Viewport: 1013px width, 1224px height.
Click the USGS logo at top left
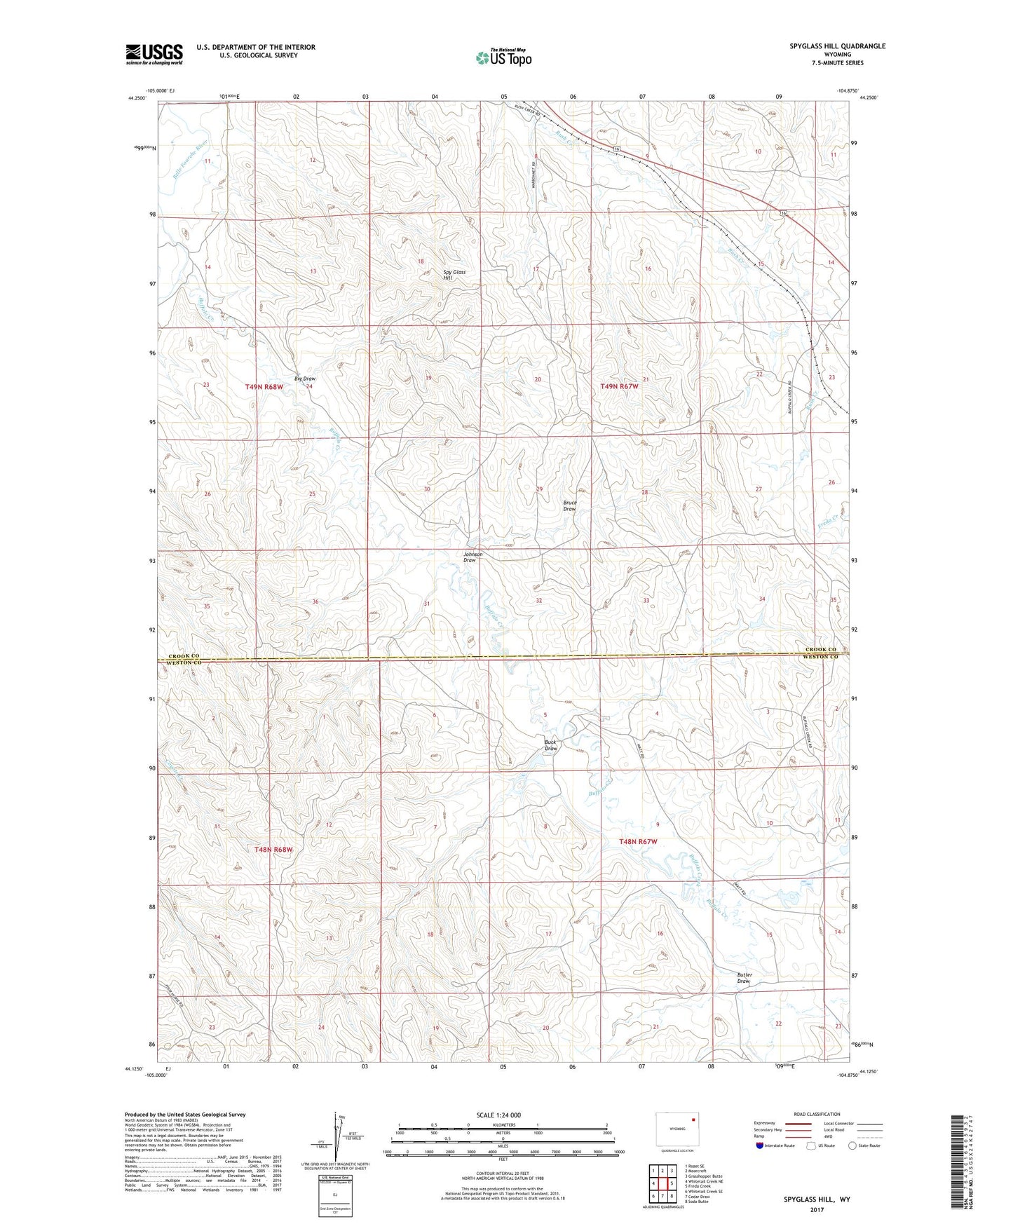tap(154, 53)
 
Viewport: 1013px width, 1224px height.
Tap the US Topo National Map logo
tap(503, 57)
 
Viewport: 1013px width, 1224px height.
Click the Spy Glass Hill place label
tap(454, 275)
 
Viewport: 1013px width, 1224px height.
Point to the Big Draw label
tap(305, 379)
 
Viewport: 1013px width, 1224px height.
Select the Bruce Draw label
tap(569, 505)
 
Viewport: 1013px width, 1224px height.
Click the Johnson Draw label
tap(472, 557)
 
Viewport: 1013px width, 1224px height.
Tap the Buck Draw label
tap(551, 745)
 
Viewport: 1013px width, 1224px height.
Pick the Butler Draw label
tap(744, 978)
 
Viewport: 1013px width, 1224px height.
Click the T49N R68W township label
tap(264, 387)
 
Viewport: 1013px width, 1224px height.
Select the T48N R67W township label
tap(638, 841)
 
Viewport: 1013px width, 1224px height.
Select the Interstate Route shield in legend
tap(761, 1145)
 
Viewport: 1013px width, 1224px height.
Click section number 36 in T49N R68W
tap(315, 602)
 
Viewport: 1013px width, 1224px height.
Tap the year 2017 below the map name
tap(817, 1209)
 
